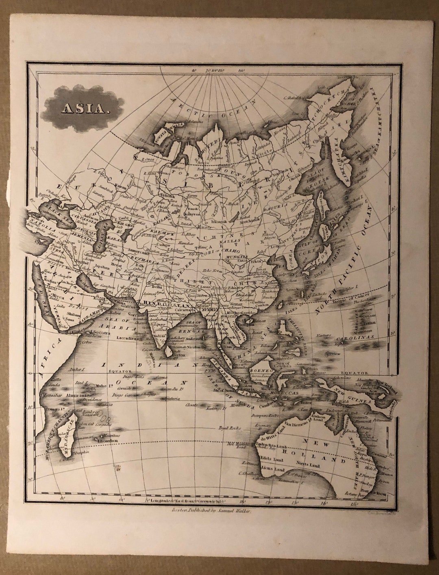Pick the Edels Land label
tap(273, 460)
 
